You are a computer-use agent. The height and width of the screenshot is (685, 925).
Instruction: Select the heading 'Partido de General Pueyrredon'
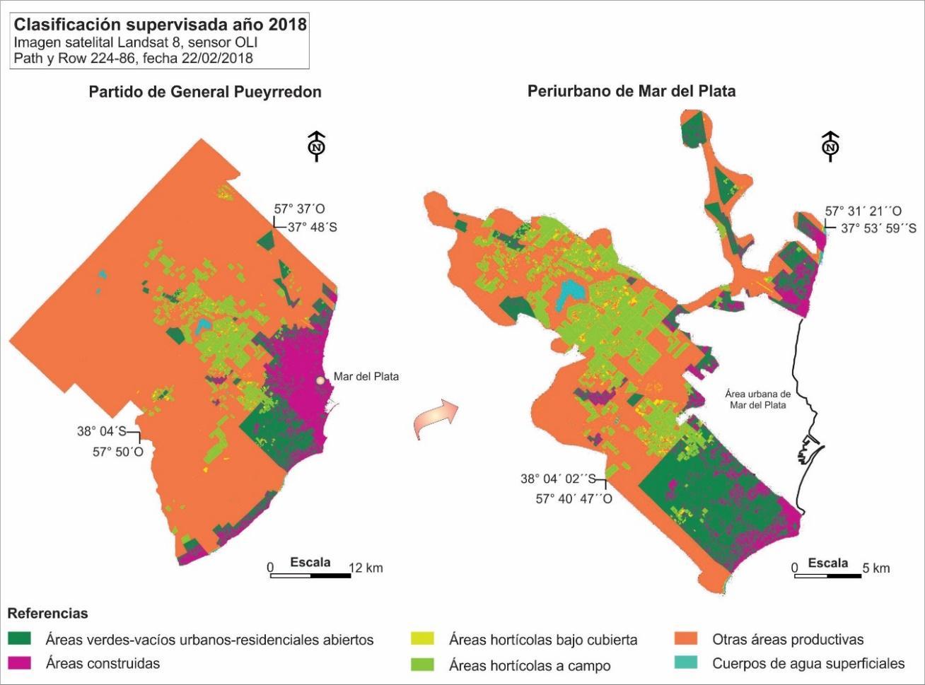[x=205, y=92]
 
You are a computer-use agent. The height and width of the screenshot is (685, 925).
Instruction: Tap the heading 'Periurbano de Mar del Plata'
[x=632, y=91]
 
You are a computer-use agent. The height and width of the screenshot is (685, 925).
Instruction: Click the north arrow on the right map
[x=831, y=146]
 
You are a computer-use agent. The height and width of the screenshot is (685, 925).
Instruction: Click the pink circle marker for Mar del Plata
[x=321, y=380]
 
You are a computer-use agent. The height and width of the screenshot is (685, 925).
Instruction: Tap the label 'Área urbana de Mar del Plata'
[x=758, y=399]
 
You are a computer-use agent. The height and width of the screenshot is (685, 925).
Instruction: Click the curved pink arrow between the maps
[x=433, y=416]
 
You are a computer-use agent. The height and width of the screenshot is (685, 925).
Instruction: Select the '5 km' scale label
[x=877, y=568]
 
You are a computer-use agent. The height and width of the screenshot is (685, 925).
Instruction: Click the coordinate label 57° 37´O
[x=300, y=209]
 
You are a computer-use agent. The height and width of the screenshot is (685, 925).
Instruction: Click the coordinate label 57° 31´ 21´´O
[x=863, y=211]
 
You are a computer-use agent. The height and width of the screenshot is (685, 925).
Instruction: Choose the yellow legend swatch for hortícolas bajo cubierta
[x=423, y=639]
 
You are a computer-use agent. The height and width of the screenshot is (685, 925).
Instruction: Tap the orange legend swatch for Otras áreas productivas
[x=686, y=639]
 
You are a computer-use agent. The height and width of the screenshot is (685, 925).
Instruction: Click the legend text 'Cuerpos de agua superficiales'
[x=808, y=663]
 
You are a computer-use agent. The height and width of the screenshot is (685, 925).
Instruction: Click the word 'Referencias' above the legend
[x=47, y=614]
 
